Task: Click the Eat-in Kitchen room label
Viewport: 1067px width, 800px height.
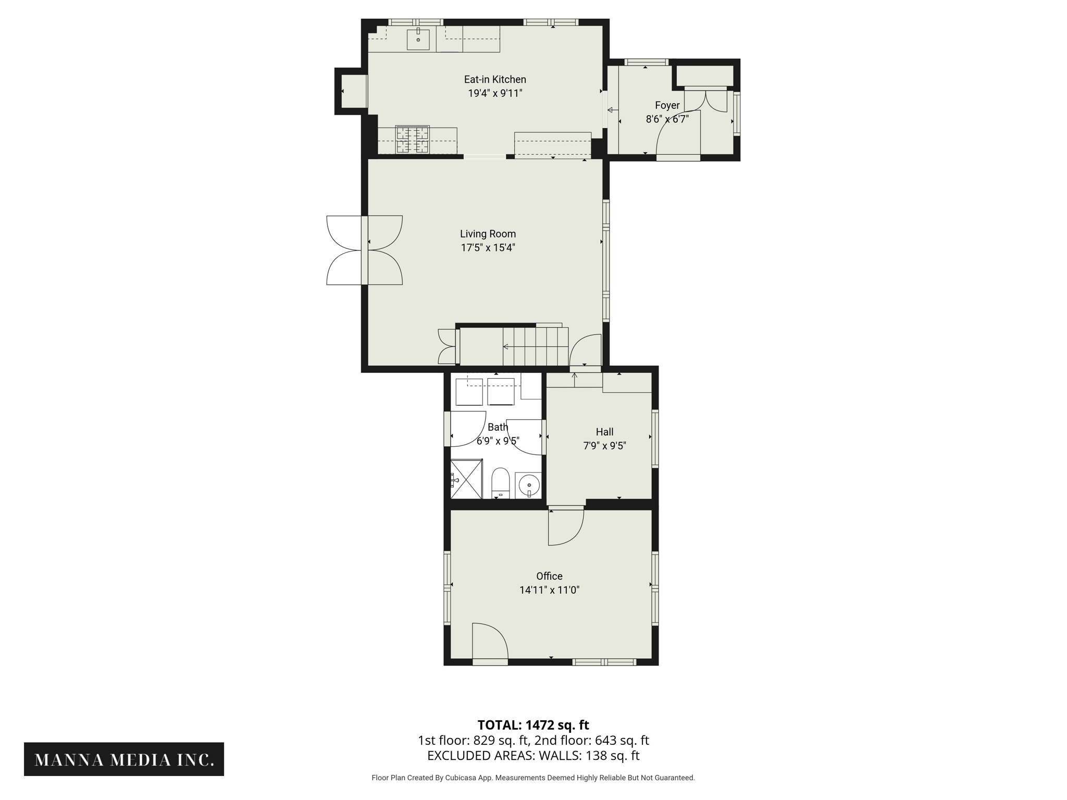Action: tap(494, 80)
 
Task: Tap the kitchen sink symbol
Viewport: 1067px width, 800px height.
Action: tap(418, 40)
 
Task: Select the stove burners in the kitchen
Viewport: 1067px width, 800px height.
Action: tap(412, 140)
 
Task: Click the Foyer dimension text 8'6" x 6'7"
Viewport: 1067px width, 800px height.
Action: tap(667, 119)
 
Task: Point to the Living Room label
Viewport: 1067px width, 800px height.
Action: tap(488, 234)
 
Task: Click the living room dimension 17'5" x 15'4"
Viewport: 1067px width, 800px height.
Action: tap(488, 248)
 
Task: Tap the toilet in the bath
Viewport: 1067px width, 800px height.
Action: tap(500, 483)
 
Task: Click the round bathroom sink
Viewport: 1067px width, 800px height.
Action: tap(529, 485)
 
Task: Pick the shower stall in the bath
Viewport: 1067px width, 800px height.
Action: tap(466, 479)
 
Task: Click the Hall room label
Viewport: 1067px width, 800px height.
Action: tap(604, 432)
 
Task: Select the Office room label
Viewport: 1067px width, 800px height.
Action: tap(549, 576)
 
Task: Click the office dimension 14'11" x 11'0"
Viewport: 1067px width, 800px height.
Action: tap(549, 590)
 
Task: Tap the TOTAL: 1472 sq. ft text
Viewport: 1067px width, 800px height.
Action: tap(533, 725)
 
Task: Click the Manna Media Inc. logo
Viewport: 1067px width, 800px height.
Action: tap(124, 759)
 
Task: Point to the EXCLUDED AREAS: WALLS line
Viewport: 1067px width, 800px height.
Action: tap(533, 756)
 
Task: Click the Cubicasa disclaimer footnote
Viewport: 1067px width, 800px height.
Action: tap(533, 778)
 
